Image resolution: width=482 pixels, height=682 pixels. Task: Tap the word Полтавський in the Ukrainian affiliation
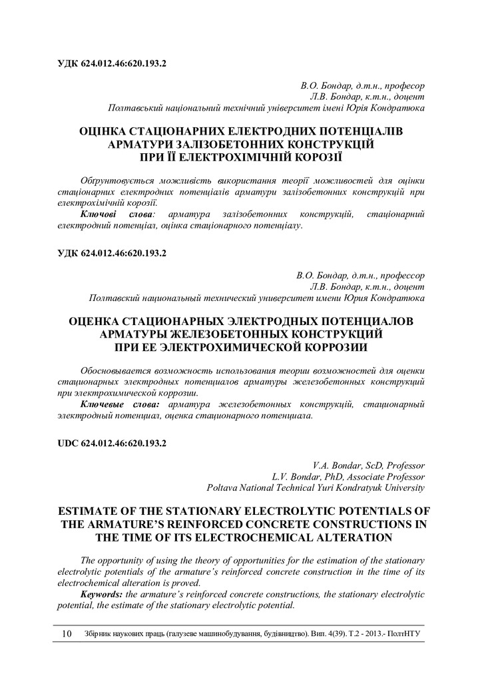[138, 107]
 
